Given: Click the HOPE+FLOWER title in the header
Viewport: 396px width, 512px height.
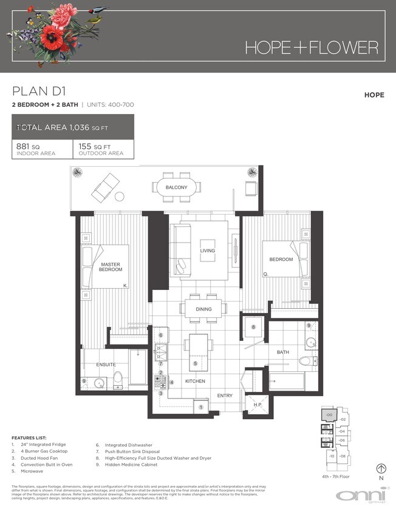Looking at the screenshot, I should (x=311, y=47).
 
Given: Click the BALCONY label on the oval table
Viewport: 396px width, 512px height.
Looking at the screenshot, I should (x=177, y=187).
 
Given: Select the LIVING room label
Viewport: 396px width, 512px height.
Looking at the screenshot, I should (x=208, y=251).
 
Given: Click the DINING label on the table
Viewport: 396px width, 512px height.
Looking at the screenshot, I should (x=204, y=309).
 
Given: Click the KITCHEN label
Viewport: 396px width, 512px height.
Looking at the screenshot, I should (x=195, y=381).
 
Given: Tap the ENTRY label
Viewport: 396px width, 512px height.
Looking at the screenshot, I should (x=225, y=396).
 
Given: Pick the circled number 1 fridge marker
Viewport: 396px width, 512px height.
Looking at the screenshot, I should (x=201, y=407).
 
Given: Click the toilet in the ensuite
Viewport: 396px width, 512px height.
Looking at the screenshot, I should (x=119, y=380).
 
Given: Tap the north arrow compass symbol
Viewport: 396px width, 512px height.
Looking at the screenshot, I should (x=381, y=468).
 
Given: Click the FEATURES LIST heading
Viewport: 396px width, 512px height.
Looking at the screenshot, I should (x=29, y=437).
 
